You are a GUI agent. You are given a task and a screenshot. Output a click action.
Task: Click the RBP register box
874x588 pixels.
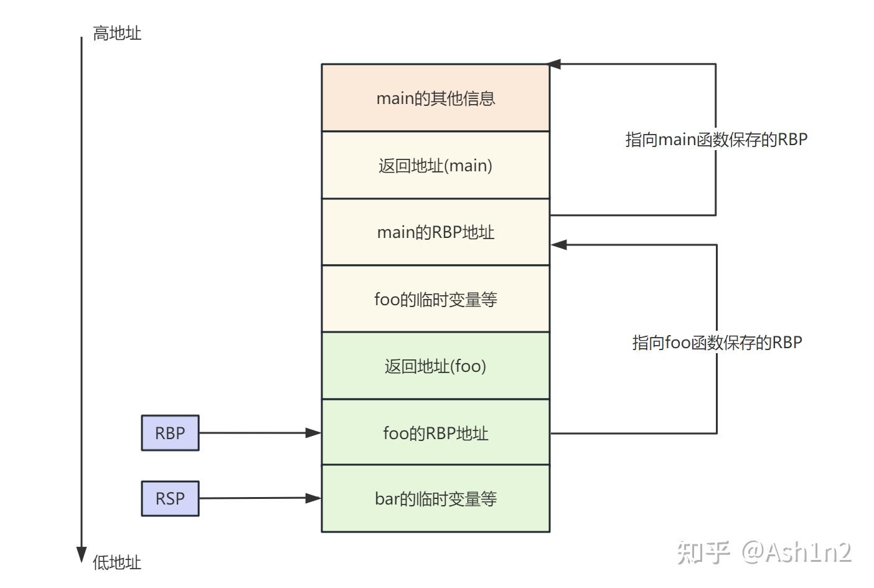click(x=170, y=433)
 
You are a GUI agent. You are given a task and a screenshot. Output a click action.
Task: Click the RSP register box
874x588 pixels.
click(x=170, y=498)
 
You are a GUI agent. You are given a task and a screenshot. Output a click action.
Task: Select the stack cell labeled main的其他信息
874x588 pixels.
click(x=435, y=98)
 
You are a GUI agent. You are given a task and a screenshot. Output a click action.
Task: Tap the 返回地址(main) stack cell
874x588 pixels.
click(x=435, y=165)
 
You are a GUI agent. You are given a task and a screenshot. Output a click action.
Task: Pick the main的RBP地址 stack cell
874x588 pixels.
click(x=435, y=232)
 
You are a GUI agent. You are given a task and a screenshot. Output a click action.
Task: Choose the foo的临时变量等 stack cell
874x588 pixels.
click(x=435, y=299)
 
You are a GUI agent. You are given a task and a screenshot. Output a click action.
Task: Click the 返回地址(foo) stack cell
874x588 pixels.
click(x=435, y=366)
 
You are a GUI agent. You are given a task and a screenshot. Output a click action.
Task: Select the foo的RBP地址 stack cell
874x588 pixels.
click(x=435, y=433)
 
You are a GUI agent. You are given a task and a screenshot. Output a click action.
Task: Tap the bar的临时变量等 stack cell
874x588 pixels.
click(x=435, y=498)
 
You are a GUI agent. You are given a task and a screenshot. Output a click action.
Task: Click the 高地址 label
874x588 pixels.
click(x=117, y=33)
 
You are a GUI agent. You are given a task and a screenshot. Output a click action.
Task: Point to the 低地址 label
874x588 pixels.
click(x=117, y=562)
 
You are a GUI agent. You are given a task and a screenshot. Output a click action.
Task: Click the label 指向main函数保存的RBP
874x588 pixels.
click(x=716, y=139)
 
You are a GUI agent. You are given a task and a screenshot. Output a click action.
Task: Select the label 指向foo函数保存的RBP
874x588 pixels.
click(x=717, y=342)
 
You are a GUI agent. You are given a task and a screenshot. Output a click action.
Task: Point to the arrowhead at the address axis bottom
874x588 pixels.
click(x=81, y=554)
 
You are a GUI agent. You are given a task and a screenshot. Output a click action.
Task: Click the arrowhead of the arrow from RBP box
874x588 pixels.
click(x=313, y=432)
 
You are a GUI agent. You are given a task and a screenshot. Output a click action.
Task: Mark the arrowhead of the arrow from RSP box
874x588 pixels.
click(x=313, y=498)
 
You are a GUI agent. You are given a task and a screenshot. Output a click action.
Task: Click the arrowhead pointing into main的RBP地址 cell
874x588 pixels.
click(x=558, y=245)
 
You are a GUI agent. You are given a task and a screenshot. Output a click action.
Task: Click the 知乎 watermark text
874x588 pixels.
click(x=703, y=552)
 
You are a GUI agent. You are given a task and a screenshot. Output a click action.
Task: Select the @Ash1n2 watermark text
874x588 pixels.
click(x=797, y=552)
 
